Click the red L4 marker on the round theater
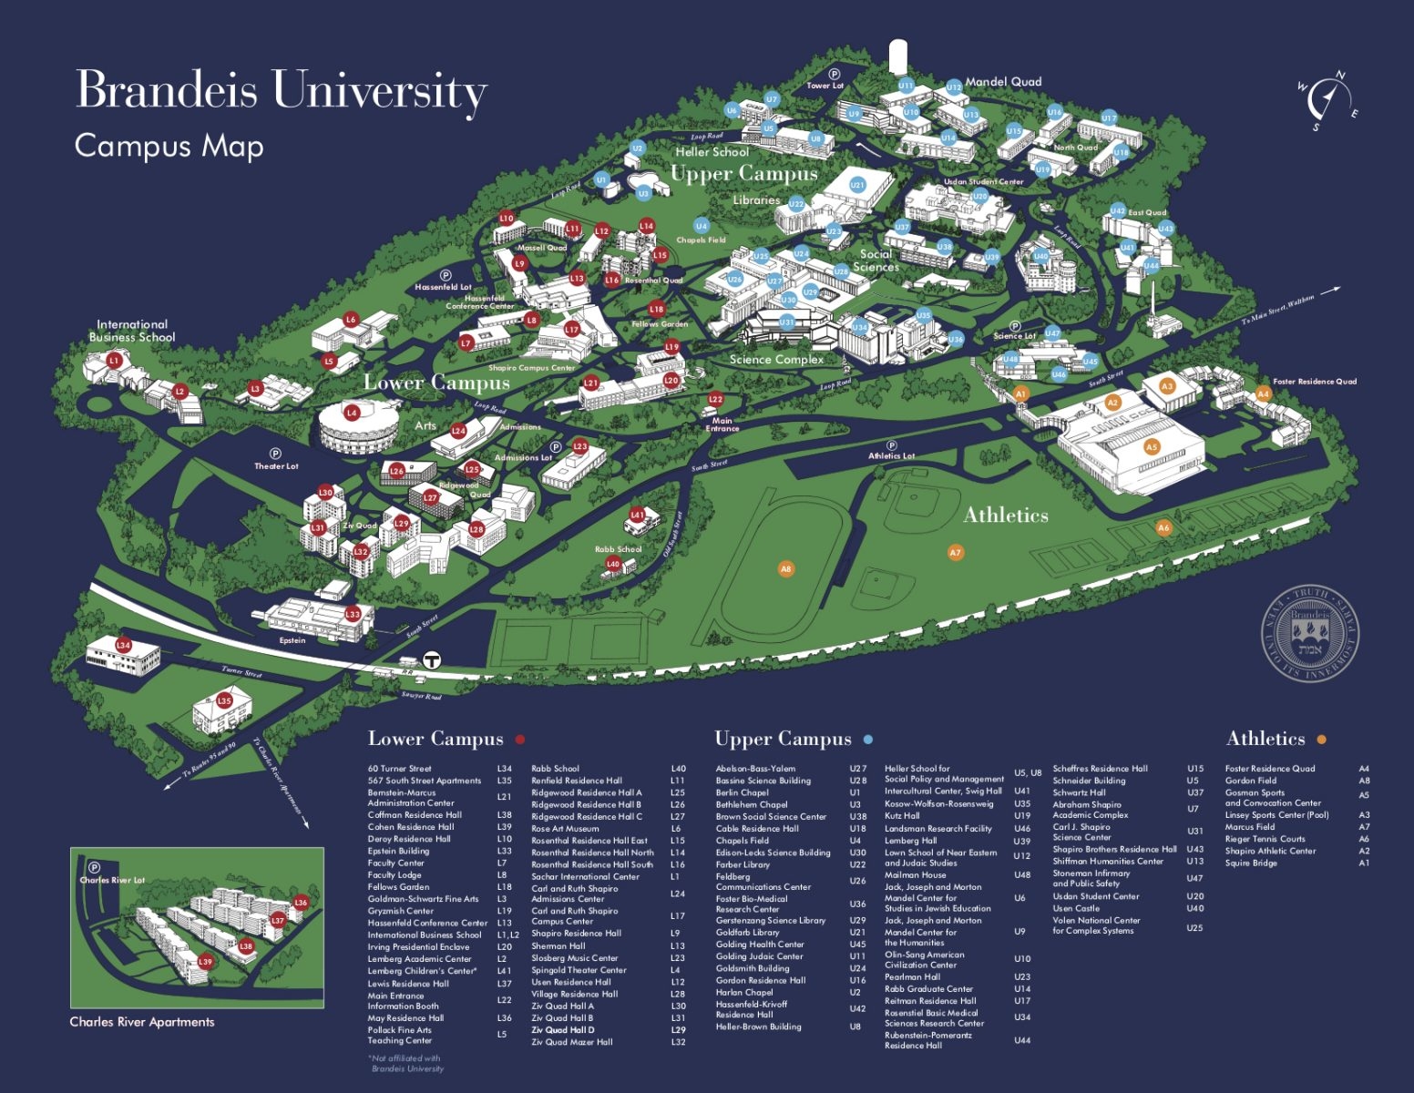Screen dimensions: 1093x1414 coord(352,414)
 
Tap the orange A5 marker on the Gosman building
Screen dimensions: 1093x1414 coord(1152,447)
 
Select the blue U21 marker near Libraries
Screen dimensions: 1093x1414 coord(857,185)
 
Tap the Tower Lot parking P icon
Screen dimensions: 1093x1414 coord(834,75)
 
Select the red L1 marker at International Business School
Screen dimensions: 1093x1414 coord(114,361)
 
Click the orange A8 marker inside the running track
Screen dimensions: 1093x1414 coord(785,569)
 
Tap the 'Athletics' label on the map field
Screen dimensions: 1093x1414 coord(1006,516)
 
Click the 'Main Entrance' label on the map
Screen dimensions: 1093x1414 coord(722,424)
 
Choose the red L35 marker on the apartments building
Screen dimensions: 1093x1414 coord(224,701)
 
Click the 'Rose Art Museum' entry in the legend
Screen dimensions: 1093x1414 coord(565,829)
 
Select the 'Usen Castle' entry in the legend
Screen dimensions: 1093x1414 coord(1075,908)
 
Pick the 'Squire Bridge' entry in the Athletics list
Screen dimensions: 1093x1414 coord(1250,863)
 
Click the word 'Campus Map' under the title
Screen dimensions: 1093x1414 coord(169,146)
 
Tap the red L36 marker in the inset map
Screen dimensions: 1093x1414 coord(302,903)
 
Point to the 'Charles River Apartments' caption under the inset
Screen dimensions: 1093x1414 coord(142,1022)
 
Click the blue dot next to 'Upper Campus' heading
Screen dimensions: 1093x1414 coord(867,740)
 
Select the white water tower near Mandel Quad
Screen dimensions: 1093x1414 coord(899,54)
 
